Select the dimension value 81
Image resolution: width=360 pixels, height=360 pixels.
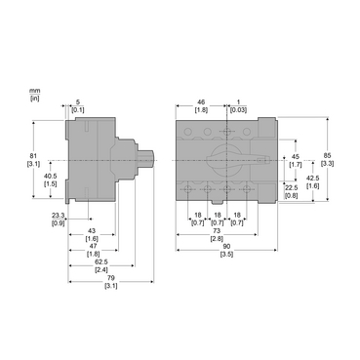pos(34,155)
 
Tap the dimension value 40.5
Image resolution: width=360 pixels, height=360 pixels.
pos(50,176)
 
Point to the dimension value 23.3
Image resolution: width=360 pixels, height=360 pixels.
pos(58,216)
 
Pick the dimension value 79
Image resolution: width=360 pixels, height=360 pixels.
pos(110,278)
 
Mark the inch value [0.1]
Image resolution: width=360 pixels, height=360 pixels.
pos(79,110)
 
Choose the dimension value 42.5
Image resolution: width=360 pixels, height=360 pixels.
pos(312,179)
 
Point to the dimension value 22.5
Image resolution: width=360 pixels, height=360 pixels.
pos(291,188)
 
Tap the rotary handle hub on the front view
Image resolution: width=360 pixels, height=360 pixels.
pos(223,159)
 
